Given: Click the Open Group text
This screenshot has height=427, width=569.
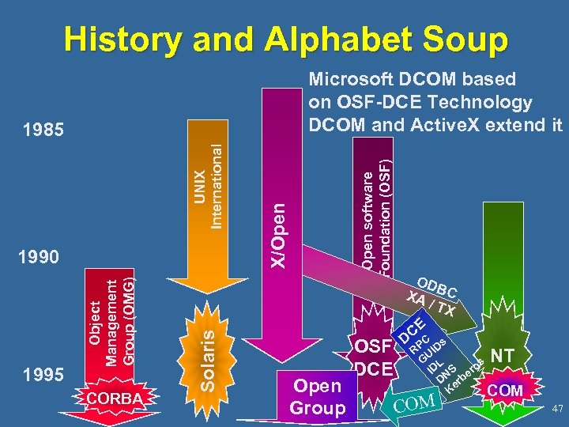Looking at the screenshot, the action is (x=317, y=397).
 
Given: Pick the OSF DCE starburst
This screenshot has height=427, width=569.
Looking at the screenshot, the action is (x=373, y=357).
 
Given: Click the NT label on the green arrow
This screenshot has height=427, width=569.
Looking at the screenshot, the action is (x=503, y=357).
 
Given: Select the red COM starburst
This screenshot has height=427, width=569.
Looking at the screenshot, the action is (x=506, y=391).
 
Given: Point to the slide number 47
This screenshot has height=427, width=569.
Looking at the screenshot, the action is (x=556, y=408).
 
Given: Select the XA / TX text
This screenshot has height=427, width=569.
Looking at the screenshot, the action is (x=430, y=304).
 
